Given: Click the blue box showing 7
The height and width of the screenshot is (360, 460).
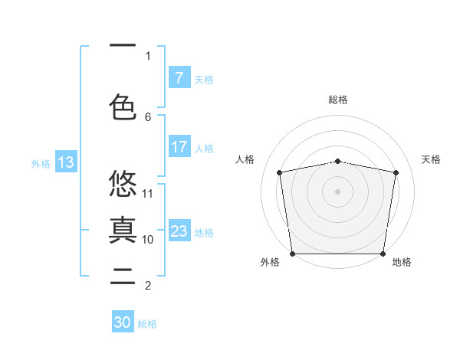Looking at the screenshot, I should [x=179, y=78].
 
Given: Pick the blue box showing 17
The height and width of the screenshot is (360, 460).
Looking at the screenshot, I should [x=179, y=147].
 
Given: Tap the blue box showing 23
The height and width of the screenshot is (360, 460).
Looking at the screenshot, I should [x=179, y=231].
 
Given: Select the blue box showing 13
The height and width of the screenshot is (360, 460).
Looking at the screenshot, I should [x=65, y=162].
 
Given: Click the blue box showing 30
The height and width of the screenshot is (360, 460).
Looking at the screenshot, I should [x=123, y=322].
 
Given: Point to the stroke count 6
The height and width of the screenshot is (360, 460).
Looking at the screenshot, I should [x=148, y=116].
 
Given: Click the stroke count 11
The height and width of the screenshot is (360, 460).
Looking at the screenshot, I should [x=148, y=193].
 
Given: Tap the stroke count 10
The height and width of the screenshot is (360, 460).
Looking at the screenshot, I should [x=148, y=239].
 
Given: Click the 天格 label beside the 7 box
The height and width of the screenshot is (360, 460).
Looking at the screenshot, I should [x=204, y=79].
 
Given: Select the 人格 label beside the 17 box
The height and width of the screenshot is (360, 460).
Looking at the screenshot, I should [x=204, y=148].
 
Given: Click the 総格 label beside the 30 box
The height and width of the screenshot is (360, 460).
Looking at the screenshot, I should [x=147, y=324].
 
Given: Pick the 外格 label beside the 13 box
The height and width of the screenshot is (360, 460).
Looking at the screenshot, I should [x=41, y=163].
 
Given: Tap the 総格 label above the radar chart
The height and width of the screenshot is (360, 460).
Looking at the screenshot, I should [x=337, y=100].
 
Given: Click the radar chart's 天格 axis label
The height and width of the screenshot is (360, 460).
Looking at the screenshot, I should [x=431, y=159].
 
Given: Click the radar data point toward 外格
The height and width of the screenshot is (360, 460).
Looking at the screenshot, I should [x=292, y=254].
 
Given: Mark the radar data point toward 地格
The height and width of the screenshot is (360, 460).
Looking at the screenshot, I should [x=383, y=254].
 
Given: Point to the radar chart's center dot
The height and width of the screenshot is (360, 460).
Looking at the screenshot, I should [x=337, y=191].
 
